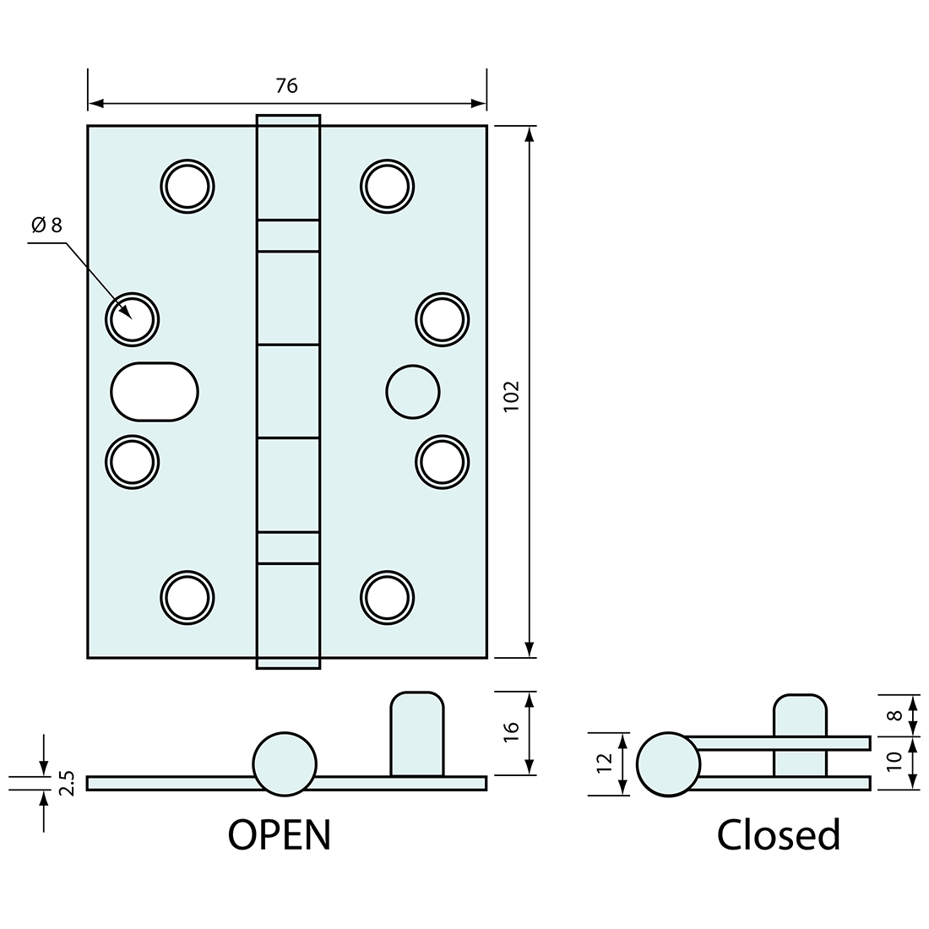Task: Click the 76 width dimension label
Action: tap(286, 85)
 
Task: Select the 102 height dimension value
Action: tap(511, 396)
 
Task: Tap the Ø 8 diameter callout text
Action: tap(46, 225)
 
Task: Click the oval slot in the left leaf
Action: tap(155, 391)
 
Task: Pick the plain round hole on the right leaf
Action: tap(412, 392)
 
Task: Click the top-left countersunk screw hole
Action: tap(187, 185)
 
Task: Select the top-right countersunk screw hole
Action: tap(387, 185)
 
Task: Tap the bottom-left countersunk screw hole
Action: tap(187, 597)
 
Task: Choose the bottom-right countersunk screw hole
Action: tap(387, 597)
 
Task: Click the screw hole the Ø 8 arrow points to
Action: tap(133, 318)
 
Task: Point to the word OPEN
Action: tap(280, 834)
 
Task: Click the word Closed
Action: tap(779, 834)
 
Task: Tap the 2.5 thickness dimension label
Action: tap(68, 783)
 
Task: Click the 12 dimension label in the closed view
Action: tap(603, 763)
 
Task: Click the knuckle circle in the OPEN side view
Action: tap(285, 763)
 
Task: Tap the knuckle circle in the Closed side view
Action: tap(668, 763)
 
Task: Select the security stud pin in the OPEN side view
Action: tap(416, 733)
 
